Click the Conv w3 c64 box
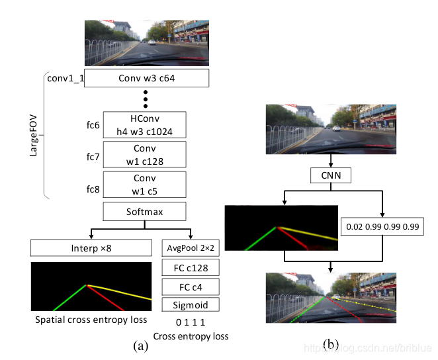pyautogui.click(x=146, y=79)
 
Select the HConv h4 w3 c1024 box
pyautogui.click(x=146, y=124)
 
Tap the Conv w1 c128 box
pyautogui.click(x=146, y=155)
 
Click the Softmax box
pyautogui.click(x=146, y=212)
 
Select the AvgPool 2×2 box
pyautogui.click(x=191, y=248)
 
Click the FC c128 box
pyautogui.click(x=191, y=267)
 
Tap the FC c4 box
pyautogui.click(x=191, y=287)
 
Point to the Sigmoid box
pyautogui.click(x=191, y=305)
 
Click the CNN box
pyautogui.click(x=329, y=176)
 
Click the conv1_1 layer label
pyautogui.click(x=65, y=79)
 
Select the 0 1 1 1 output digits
pyautogui.click(x=191, y=322)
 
